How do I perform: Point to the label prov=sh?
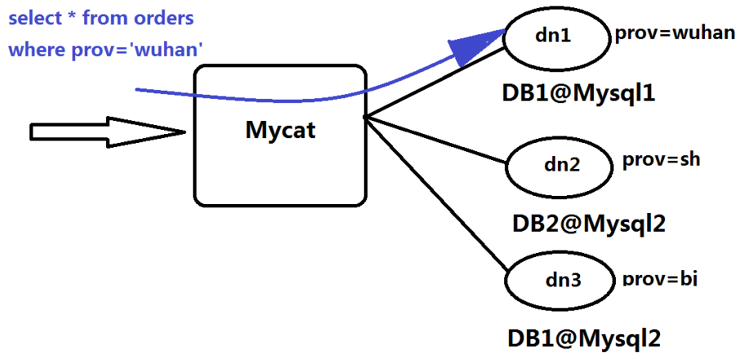(x=662, y=158)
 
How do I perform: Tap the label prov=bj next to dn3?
(x=660, y=279)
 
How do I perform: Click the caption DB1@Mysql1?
(x=579, y=92)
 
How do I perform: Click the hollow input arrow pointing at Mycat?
(x=106, y=131)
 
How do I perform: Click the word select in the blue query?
(x=35, y=17)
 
